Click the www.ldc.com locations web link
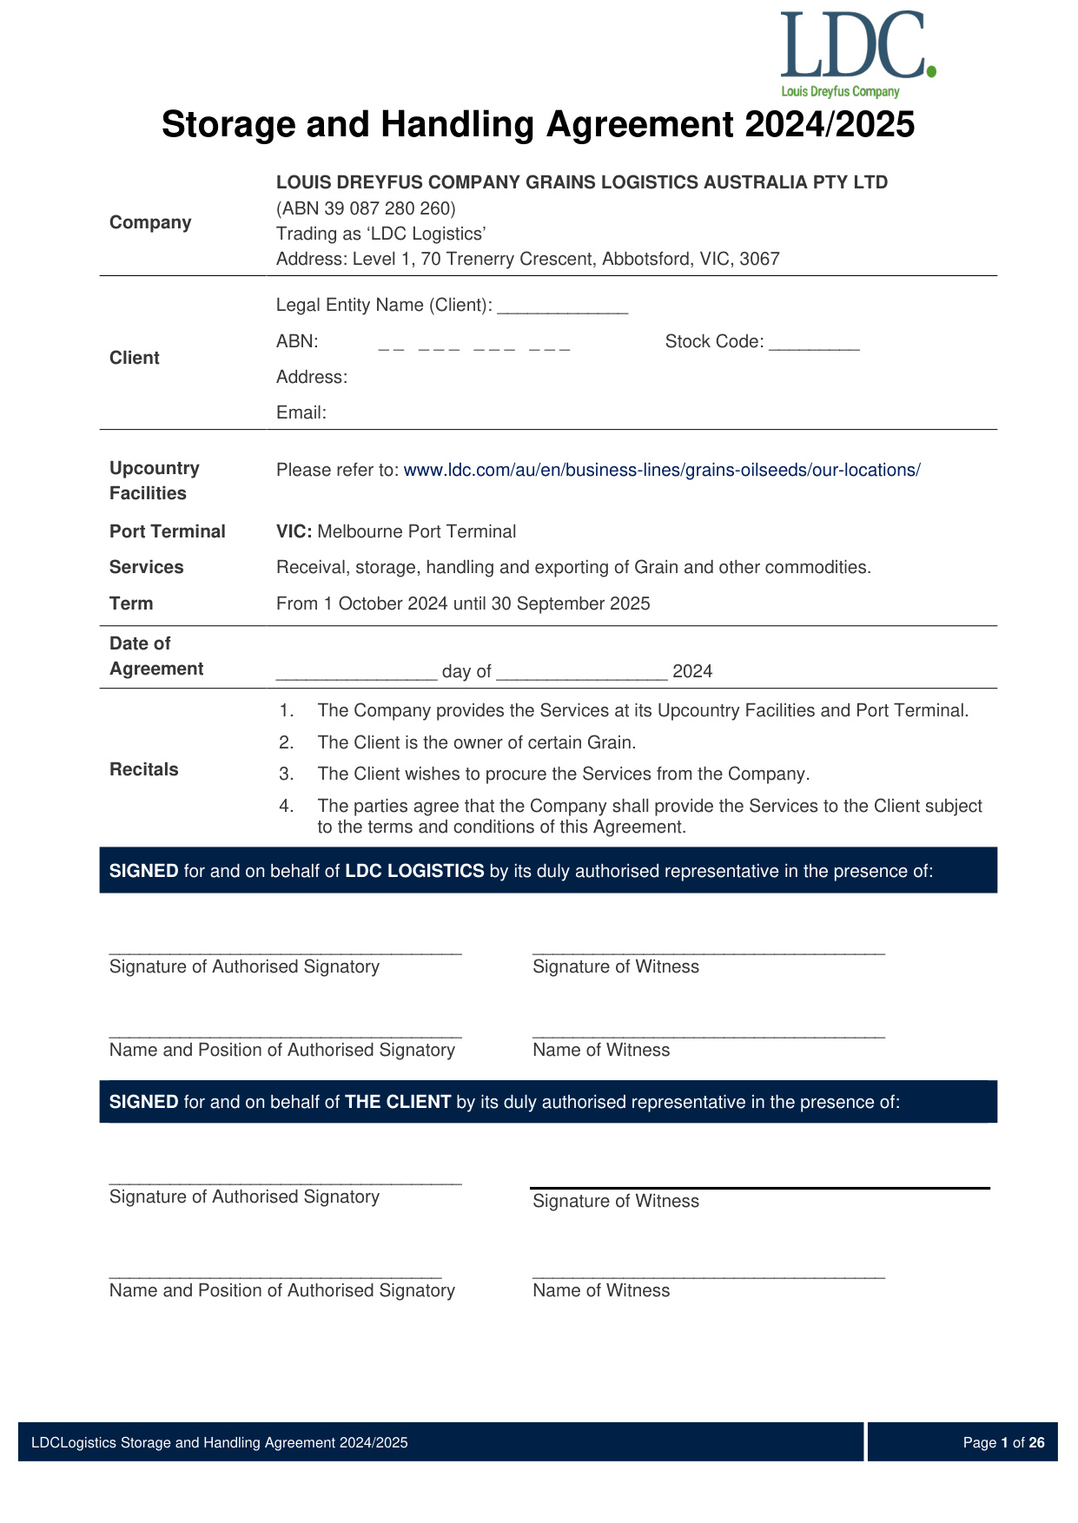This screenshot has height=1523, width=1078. [662, 471]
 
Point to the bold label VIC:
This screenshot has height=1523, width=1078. [294, 531]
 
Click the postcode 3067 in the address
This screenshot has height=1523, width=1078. [759, 259]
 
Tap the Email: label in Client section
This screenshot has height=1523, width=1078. [301, 413]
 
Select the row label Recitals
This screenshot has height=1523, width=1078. [144, 769]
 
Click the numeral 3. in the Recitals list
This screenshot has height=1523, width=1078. [287, 775]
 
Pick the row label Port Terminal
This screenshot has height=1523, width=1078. [168, 531]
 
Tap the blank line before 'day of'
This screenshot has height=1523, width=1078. [356, 672]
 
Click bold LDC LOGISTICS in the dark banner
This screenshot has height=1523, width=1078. [414, 871]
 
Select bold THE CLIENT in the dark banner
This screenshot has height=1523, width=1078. [398, 1102]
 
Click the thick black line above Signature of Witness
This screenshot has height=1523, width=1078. [759, 1187]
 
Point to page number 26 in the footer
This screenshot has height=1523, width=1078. [1036, 1442]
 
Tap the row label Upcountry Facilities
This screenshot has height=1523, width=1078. [155, 480]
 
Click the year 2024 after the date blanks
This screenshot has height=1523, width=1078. [692, 671]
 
